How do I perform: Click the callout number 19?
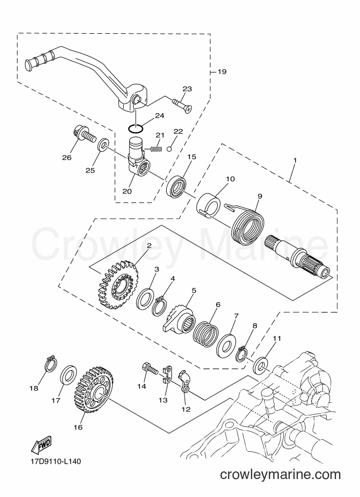[x=222, y=72]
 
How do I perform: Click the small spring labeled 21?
[x=154, y=148]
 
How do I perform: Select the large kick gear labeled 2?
[x=116, y=284]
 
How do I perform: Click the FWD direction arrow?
[x=41, y=445]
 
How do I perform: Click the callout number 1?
[x=295, y=161]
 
